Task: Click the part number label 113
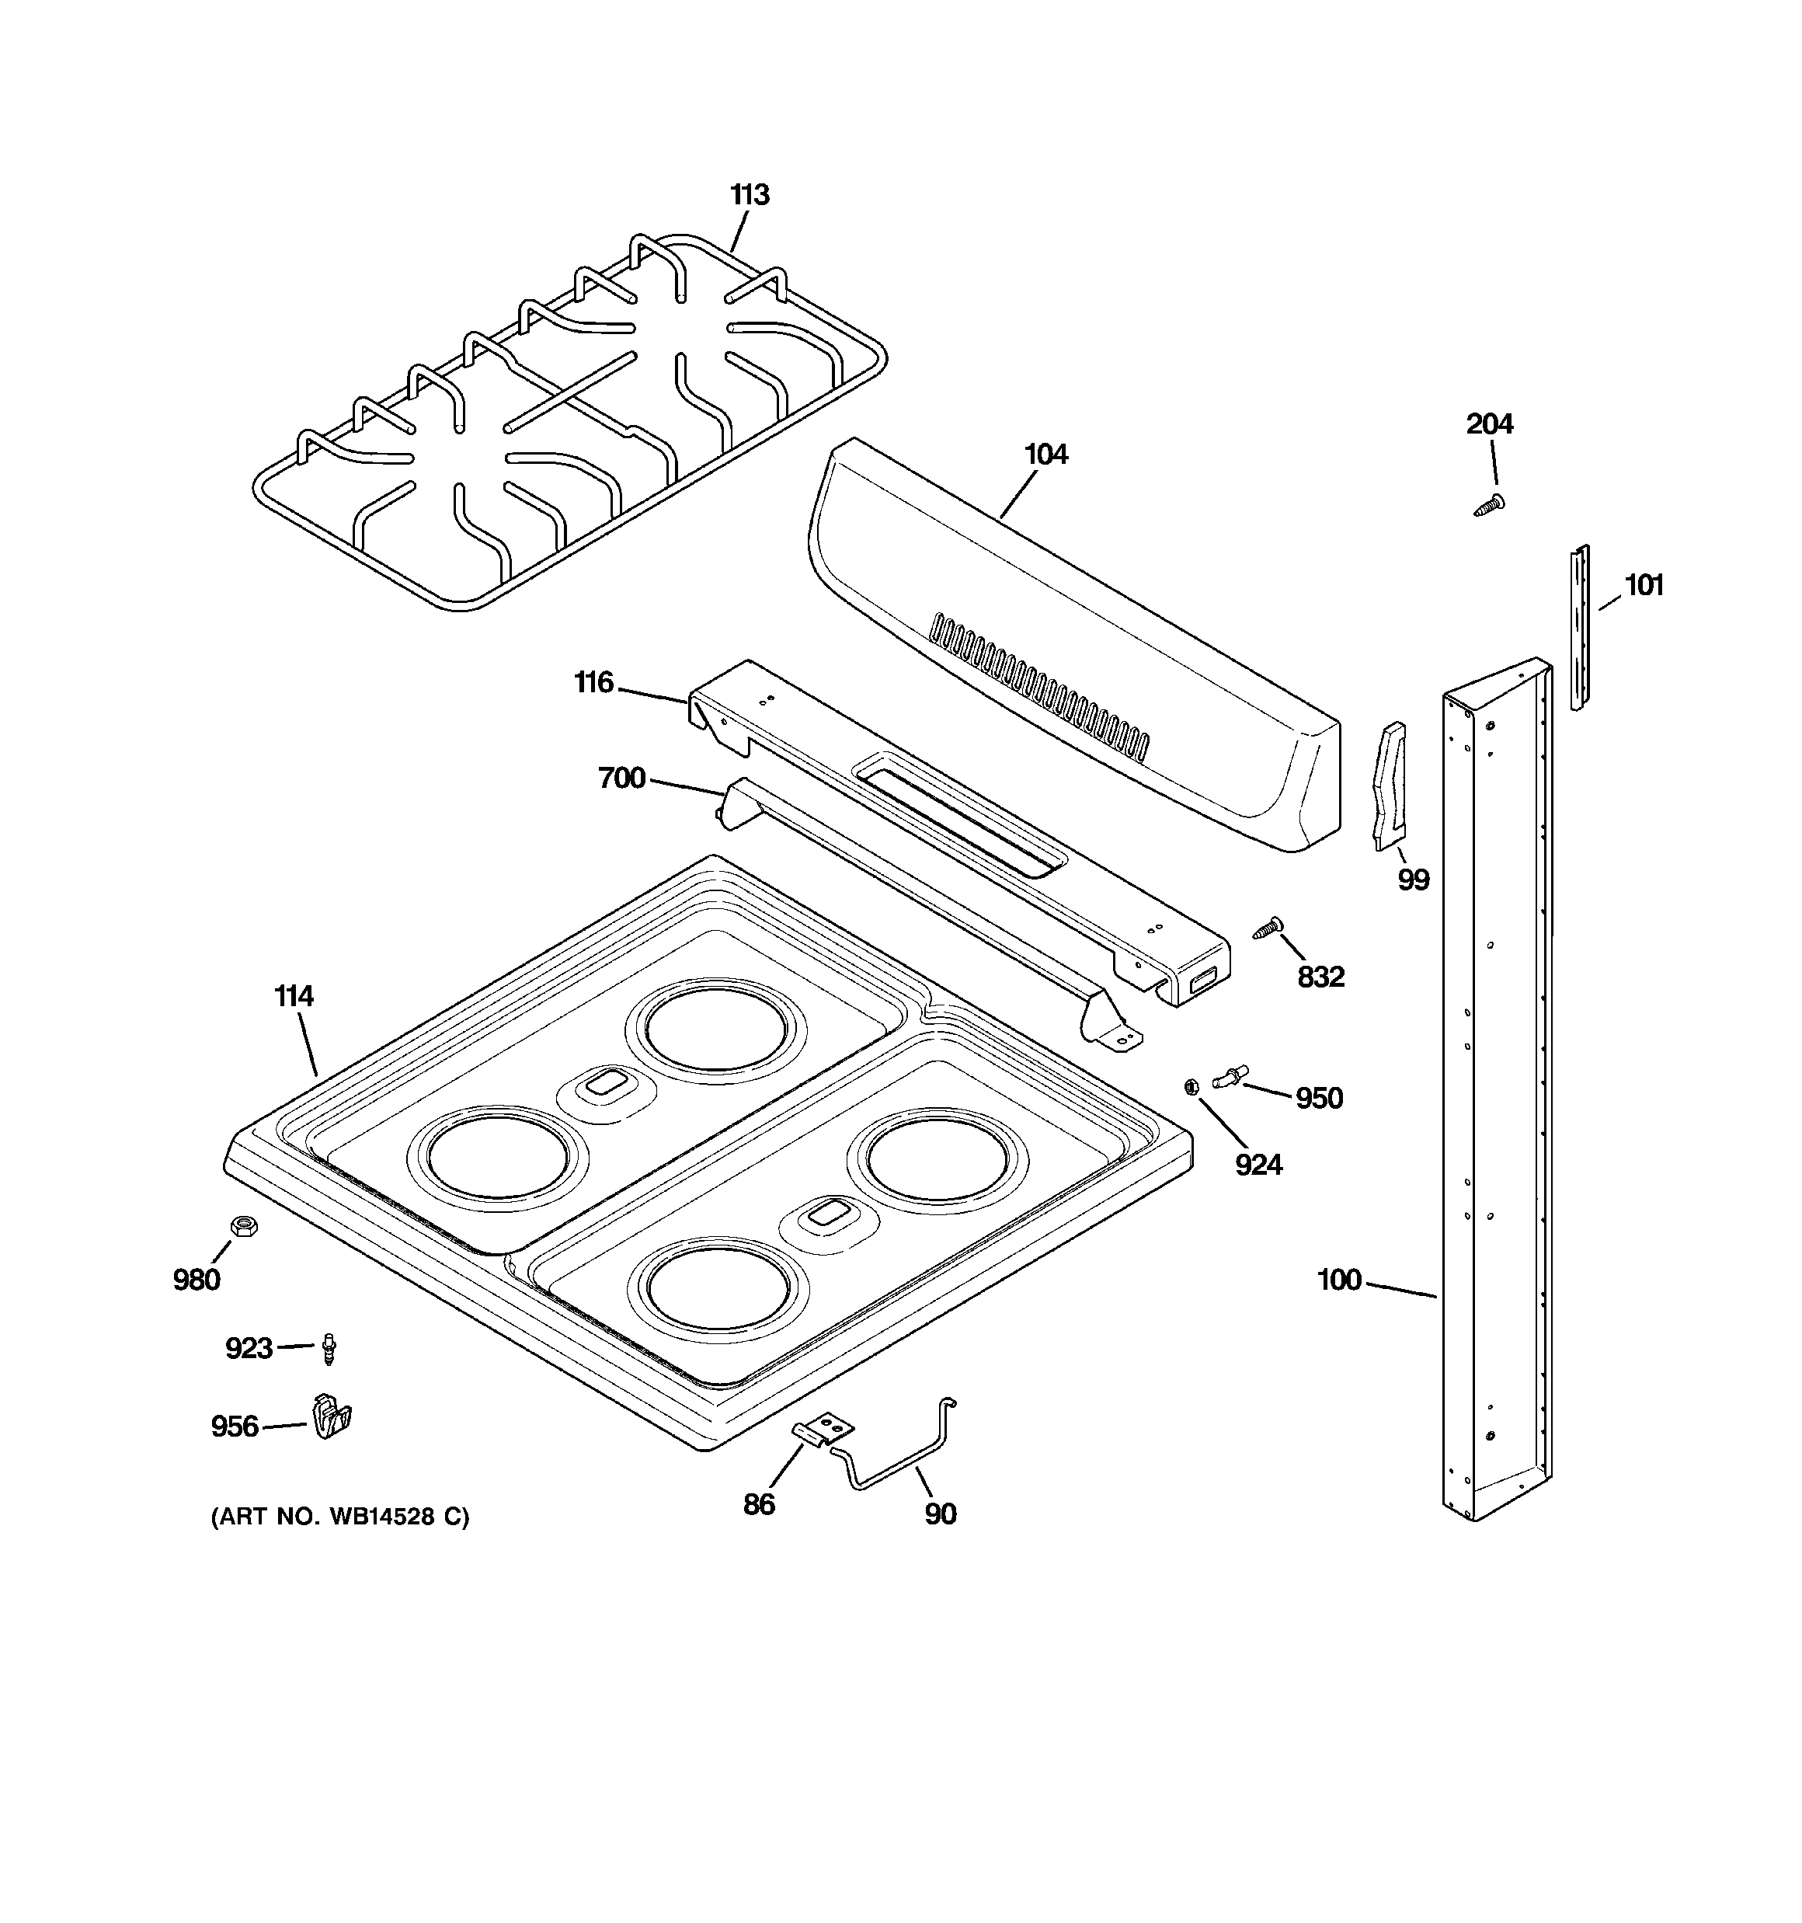[750, 195]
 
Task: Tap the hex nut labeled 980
[244, 1227]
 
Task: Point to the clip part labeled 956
[330, 1418]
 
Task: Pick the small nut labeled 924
[1191, 1086]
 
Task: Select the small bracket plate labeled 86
[824, 1429]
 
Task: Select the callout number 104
[1045, 455]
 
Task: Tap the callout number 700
[621, 778]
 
